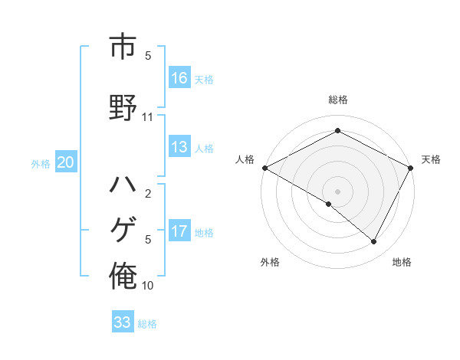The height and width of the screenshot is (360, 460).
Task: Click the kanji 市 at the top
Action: coord(123,47)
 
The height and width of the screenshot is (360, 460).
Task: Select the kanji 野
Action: coord(123,106)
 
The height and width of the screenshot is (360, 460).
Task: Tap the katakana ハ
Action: coord(123,185)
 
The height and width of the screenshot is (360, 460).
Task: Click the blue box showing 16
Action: coord(179,78)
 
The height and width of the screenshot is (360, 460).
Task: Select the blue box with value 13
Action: coord(179,147)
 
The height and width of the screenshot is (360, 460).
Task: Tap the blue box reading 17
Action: coord(179,231)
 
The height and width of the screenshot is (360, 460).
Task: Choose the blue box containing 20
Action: coord(66,162)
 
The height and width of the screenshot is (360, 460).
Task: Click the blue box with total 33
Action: coord(123,322)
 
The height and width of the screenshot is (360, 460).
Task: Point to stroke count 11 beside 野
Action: coord(148,117)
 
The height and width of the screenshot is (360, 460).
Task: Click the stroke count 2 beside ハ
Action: coord(148,194)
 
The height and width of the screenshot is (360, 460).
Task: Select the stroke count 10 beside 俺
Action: coord(148,286)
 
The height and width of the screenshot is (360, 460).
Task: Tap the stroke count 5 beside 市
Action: coord(148,56)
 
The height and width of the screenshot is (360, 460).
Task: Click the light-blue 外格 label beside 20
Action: coord(41,163)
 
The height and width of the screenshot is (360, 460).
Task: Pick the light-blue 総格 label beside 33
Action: coord(148,324)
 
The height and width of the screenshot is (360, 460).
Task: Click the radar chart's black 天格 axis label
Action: coord(432,159)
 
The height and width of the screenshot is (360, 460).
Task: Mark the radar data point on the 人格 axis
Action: coord(264,168)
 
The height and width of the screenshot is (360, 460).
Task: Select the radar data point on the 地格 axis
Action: coord(374,242)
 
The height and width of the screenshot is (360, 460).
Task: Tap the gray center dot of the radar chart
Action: coord(337,190)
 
